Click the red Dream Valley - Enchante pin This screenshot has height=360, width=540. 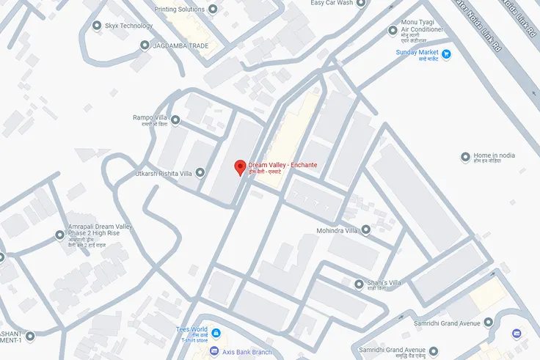[239, 166]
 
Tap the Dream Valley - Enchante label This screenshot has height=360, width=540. [282, 165]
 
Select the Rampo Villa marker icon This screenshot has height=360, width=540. [175, 120]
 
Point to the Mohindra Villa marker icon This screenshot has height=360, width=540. [365, 230]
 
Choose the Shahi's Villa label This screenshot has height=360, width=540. [384, 283]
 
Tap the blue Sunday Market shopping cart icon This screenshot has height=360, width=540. [445, 54]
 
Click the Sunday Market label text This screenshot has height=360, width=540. [417, 53]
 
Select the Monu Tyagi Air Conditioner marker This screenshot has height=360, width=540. [392, 31]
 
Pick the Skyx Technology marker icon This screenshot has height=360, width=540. [97, 26]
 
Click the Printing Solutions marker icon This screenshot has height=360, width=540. [213, 10]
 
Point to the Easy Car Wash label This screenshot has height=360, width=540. [332, 3]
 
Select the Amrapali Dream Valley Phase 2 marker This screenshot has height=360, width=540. [60, 235]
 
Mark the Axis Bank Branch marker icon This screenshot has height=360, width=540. [215, 353]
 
